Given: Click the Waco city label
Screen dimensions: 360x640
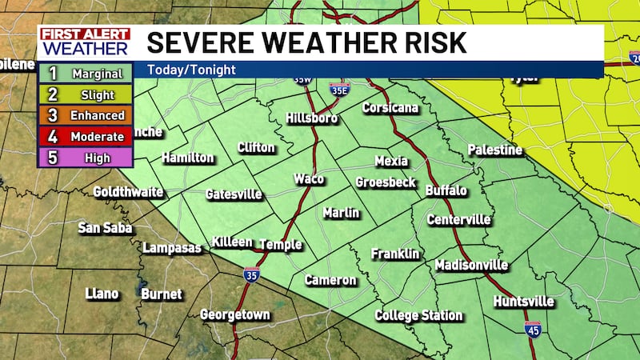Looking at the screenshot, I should pyautogui.click(x=309, y=178).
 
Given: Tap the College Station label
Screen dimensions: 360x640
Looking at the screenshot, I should pyautogui.click(x=418, y=315).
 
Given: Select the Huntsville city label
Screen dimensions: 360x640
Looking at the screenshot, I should pyautogui.click(x=523, y=301).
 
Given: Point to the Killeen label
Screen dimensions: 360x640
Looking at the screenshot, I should pyautogui.click(x=232, y=242).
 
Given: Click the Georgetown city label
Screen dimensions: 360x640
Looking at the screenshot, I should pyautogui.click(x=235, y=314).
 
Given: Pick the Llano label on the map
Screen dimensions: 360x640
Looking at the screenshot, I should pyautogui.click(x=102, y=294).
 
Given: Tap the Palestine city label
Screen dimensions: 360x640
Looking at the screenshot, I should pyautogui.click(x=494, y=150).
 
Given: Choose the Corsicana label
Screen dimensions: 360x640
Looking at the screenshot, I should pyautogui.click(x=390, y=107).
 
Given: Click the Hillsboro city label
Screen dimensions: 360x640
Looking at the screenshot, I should pyautogui.click(x=312, y=118).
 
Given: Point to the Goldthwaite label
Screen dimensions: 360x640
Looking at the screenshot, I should pyautogui.click(x=128, y=192).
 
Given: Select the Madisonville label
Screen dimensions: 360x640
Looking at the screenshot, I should pyautogui.click(x=471, y=265).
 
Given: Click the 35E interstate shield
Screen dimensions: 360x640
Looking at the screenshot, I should pyautogui.click(x=339, y=90).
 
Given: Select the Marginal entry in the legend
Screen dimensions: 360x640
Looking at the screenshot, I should pyautogui.click(x=86, y=74).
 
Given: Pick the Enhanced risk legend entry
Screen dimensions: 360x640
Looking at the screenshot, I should pyautogui.click(x=86, y=116).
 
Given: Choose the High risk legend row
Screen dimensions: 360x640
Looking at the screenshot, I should pyautogui.click(x=86, y=158).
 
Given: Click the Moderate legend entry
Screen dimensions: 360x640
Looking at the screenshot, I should pyautogui.click(x=86, y=137).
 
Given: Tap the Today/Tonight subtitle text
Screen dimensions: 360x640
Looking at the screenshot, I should pyautogui.click(x=190, y=70).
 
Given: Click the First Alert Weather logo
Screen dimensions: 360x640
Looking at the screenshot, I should pyautogui.click(x=84, y=41).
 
